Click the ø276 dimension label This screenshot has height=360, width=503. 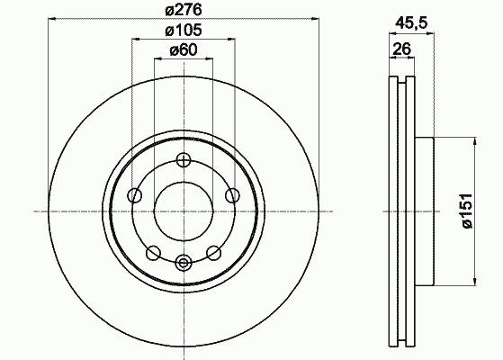pyautogui.click(x=184, y=10)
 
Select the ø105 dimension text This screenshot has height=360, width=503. pyautogui.click(x=184, y=31)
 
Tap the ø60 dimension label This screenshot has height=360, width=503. pyautogui.click(x=184, y=50)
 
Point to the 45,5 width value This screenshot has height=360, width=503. pyautogui.click(x=411, y=23)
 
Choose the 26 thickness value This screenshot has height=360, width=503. pyautogui.click(x=401, y=49)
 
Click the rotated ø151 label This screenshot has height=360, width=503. pyautogui.click(x=467, y=211)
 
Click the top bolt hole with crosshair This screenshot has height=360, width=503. pyautogui.click(x=184, y=160)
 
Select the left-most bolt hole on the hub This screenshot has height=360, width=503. pyautogui.click(x=135, y=195)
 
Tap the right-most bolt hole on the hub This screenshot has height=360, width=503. pyautogui.click(x=232, y=195)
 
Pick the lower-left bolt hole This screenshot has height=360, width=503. pyautogui.click(x=153, y=253)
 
